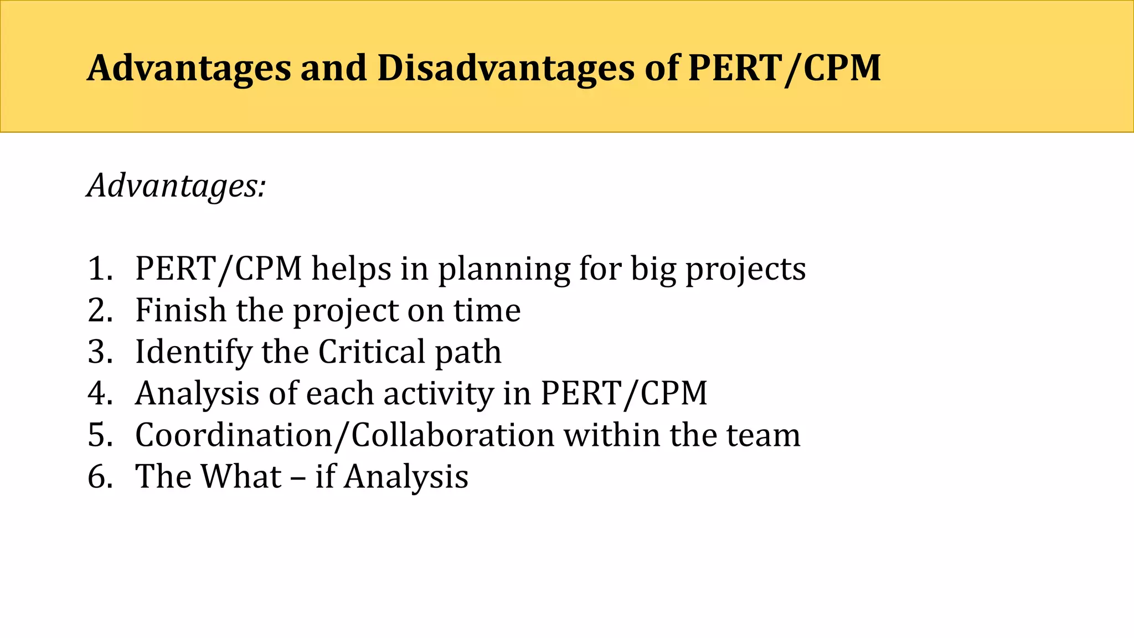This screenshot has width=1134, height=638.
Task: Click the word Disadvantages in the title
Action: (x=506, y=68)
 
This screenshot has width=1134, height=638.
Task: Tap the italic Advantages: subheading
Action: (x=177, y=186)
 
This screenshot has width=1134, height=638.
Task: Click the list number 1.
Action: (x=100, y=269)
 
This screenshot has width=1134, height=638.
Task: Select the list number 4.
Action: (x=100, y=394)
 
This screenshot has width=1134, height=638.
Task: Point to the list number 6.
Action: (x=100, y=477)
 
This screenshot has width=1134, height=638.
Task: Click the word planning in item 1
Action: (x=504, y=269)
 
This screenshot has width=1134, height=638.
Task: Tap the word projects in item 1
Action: (x=745, y=269)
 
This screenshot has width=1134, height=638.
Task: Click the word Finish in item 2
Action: (x=181, y=310)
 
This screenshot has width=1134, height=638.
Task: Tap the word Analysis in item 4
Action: (x=197, y=394)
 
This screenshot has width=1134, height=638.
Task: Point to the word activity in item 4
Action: (x=438, y=394)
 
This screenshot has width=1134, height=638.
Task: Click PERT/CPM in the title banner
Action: (x=784, y=68)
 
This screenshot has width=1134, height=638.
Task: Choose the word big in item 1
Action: (x=653, y=269)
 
